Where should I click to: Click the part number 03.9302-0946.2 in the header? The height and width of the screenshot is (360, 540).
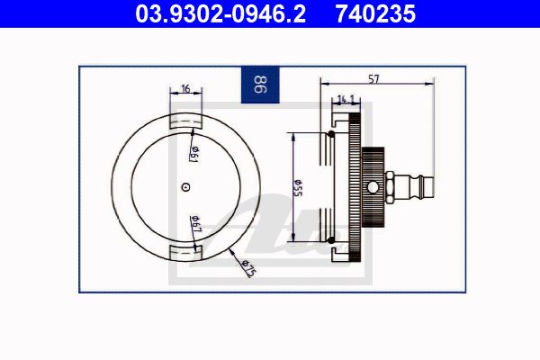(x=220, y=13)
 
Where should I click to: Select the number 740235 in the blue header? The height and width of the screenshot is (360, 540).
(x=375, y=13)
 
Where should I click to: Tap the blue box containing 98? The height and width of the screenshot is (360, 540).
(x=260, y=85)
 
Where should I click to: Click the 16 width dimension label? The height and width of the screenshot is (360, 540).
(x=185, y=88)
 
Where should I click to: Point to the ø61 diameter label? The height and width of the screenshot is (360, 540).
(x=195, y=154)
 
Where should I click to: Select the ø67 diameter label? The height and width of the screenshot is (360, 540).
(x=195, y=224)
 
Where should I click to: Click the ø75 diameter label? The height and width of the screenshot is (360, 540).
(x=248, y=268)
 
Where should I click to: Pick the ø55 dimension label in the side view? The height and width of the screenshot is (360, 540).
(x=297, y=188)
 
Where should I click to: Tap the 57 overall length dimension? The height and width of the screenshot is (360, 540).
(x=373, y=79)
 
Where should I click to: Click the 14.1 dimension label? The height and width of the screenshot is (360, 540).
(x=346, y=100)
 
